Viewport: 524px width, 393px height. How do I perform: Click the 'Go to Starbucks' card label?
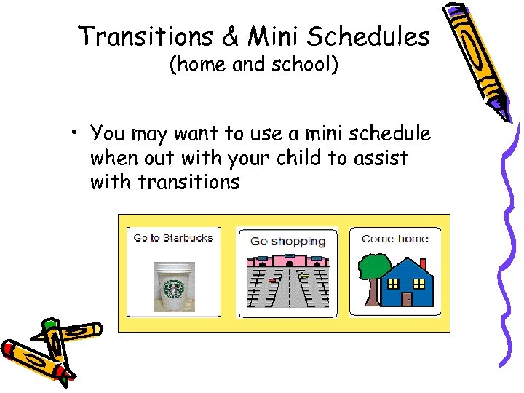pyautogui.click(x=173, y=238)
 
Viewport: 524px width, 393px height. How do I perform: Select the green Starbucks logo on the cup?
pyautogui.click(x=174, y=289)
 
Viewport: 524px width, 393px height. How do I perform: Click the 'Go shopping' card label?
pyautogui.click(x=287, y=241)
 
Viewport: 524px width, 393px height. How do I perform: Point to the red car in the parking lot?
pyautogui.click(x=272, y=279)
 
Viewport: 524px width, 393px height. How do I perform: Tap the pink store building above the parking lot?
pyautogui.click(x=287, y=260)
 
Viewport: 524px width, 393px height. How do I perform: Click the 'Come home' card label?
pyautogui.click(x=394, y=238)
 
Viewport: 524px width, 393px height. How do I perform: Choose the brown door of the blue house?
pyautogui.click(x=406, y=298)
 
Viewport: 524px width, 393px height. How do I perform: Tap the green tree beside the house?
pyautogui.click(x=374, y=267)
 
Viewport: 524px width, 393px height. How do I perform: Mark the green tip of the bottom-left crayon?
pyautogui.click(x=49, y=325)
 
